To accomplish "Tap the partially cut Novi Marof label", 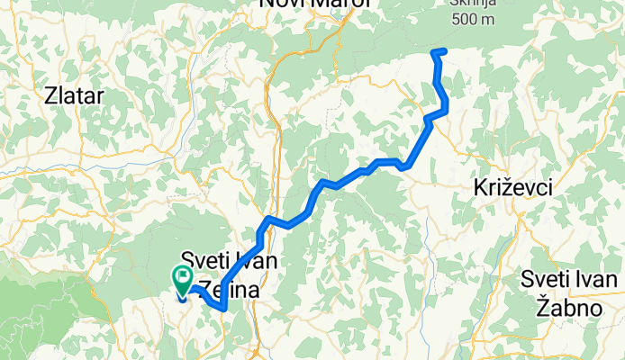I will [303, 4].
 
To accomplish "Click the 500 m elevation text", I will [473, 19].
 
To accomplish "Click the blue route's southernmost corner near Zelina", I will [222, 310].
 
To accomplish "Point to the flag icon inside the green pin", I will [184, 276].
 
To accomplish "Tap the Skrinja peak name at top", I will [472, 4].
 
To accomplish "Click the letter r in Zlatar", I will [101, 96].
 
